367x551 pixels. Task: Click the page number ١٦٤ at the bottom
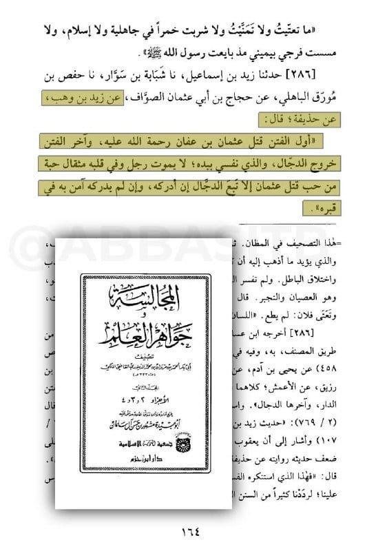182,531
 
